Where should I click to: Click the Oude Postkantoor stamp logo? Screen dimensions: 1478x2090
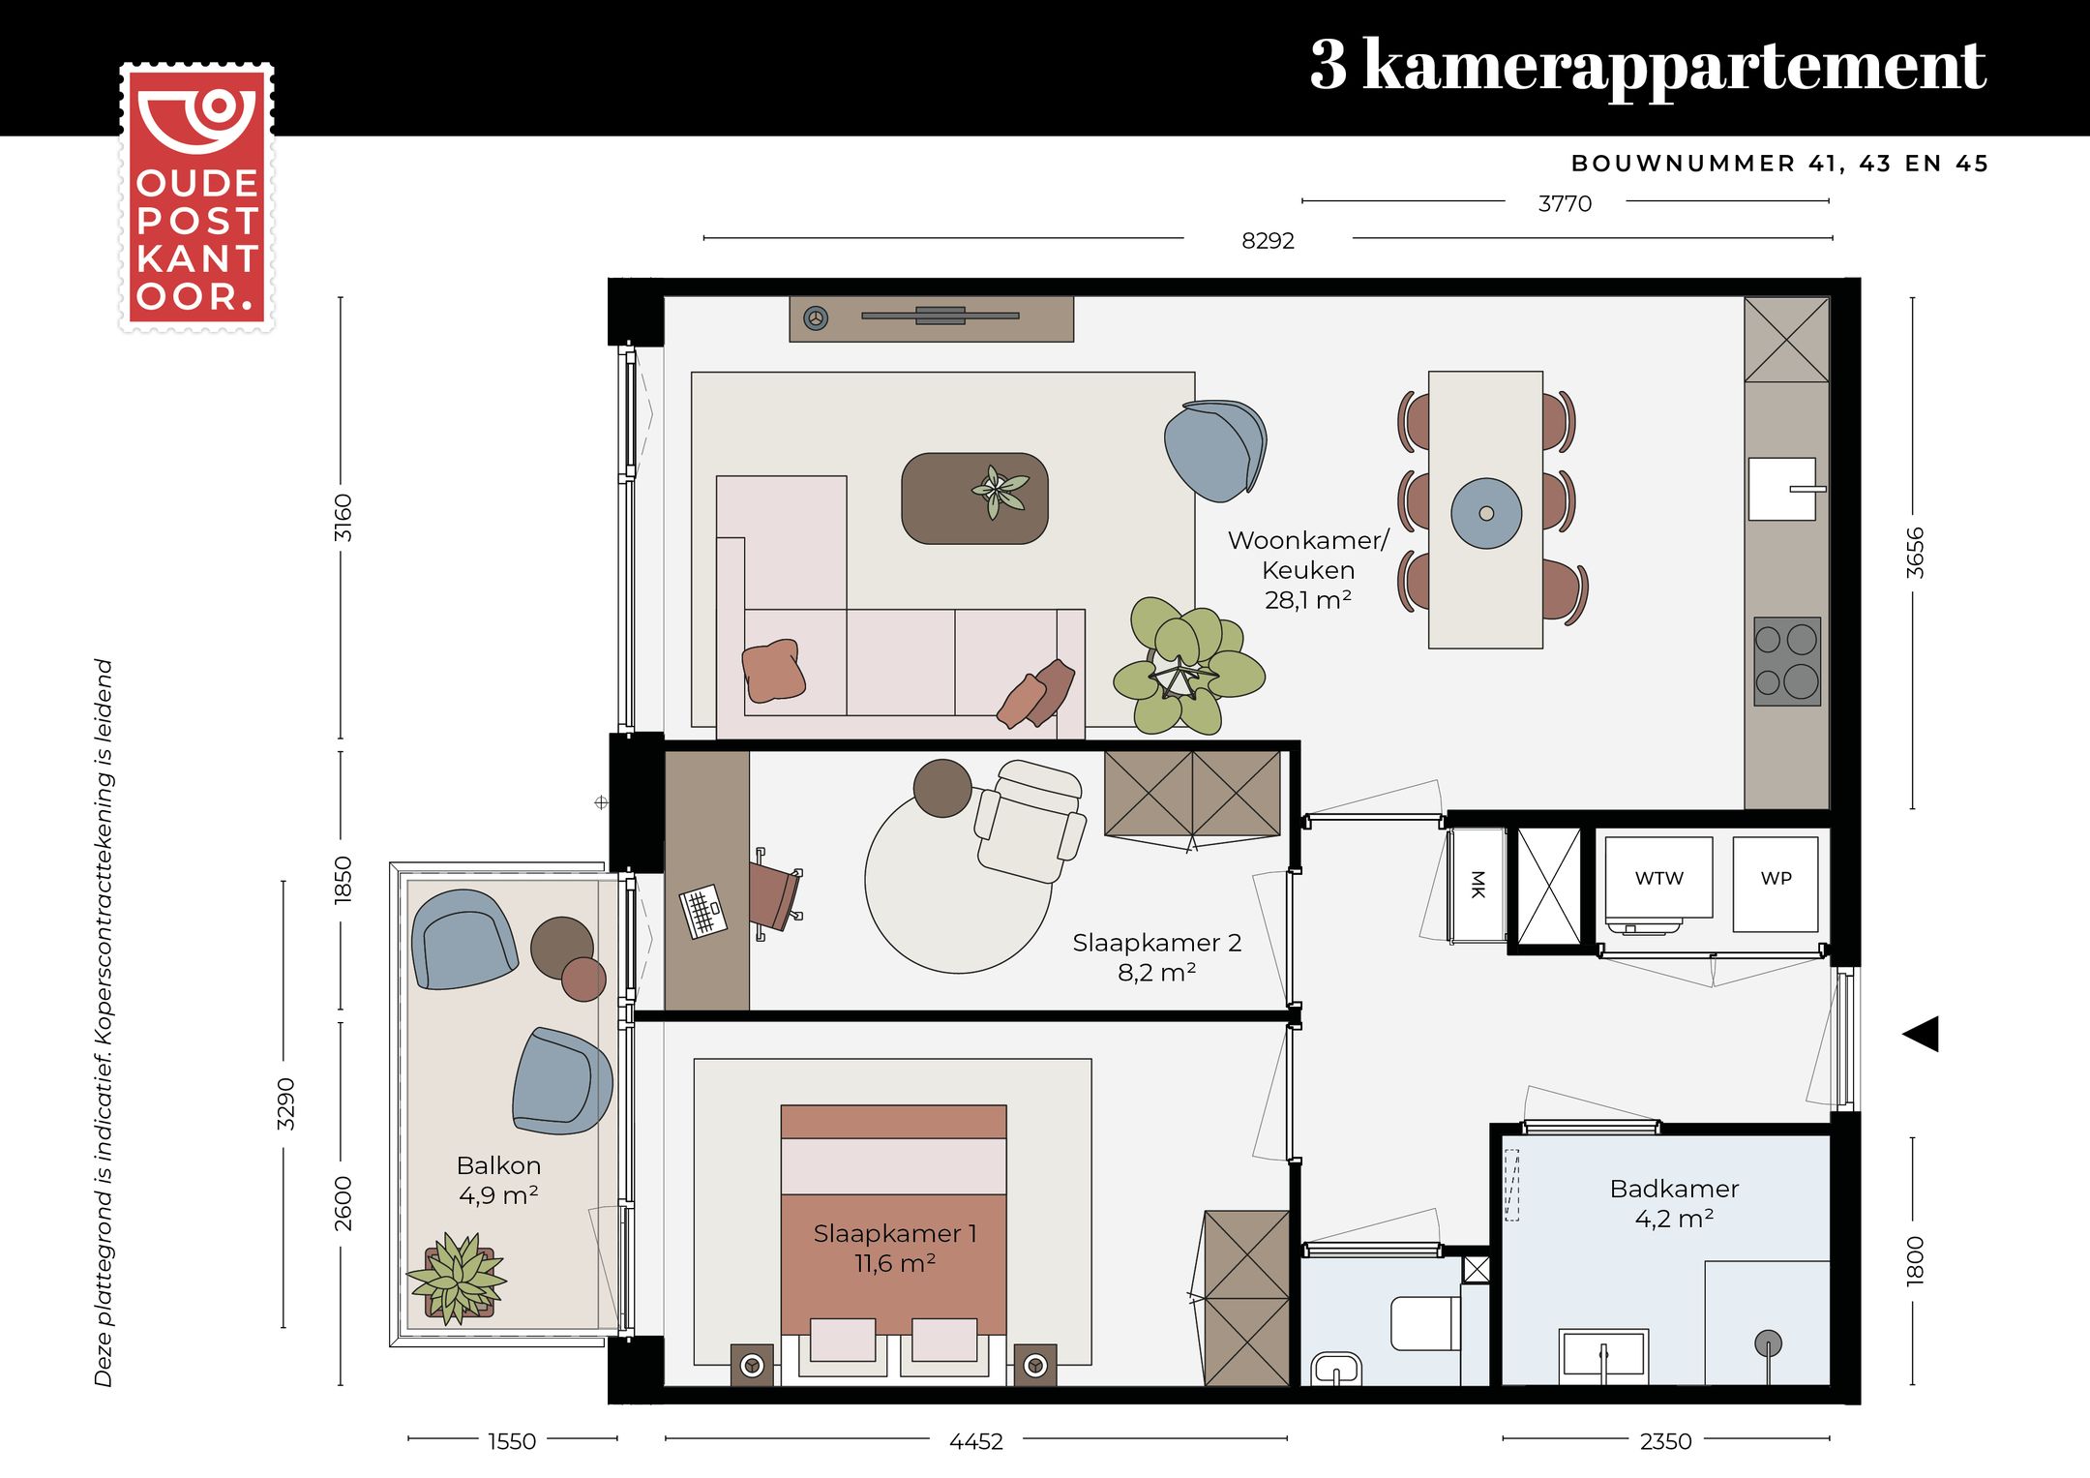point(196,198)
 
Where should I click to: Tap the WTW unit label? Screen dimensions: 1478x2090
point(1658,878)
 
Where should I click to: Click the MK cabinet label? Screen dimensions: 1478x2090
point(1477,884)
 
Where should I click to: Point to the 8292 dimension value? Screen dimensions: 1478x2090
point(1268,241)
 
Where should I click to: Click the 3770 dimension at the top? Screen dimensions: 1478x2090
point(1565,204)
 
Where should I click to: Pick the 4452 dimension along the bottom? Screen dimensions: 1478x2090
point(975,1441)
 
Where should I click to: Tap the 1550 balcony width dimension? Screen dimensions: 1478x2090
point(511,1441)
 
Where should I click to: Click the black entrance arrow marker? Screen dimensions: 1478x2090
point(1922,1034)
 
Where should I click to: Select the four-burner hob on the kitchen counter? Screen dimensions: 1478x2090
point(1786,661)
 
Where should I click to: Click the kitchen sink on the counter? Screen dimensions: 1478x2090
point(1782,489)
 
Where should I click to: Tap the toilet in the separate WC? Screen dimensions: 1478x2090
point(1424,1323)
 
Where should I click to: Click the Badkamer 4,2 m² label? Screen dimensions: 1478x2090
point(1674,1203)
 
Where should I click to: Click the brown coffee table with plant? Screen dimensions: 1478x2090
point(974,498)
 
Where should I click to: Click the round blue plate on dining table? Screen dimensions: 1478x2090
point(1486,513)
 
